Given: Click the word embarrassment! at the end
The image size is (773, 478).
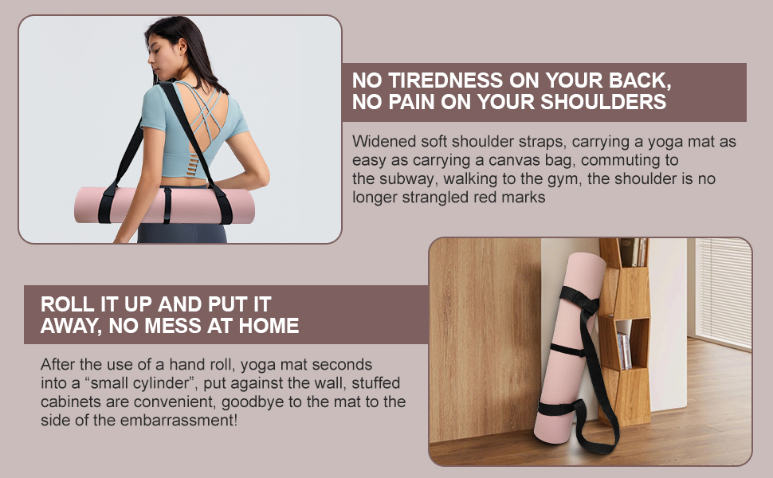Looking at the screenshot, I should [x=182, y=420].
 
